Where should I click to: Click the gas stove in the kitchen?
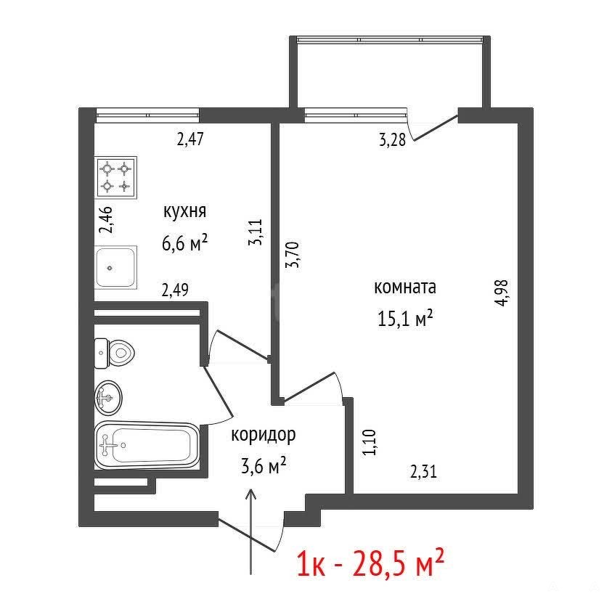point(116,178)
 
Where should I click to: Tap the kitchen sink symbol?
point(115,268)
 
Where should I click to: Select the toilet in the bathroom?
point(115,354)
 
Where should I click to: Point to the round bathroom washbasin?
point(108,398)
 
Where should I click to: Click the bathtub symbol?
point(147,444)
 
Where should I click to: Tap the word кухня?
point(184,212)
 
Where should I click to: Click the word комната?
point(405,287)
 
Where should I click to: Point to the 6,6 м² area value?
point(184,243)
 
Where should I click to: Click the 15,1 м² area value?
point(406,318)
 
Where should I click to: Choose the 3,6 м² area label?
point(264,465)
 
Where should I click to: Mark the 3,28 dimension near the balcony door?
point(393,139)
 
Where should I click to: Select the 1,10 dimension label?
point(370,442)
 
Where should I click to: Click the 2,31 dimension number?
point(423,471)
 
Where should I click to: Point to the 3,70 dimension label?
point(293,255)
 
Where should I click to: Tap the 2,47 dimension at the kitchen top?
point(190,139)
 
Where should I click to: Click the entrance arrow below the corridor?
point(250,531)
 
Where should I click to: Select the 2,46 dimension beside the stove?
point(106,220)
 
